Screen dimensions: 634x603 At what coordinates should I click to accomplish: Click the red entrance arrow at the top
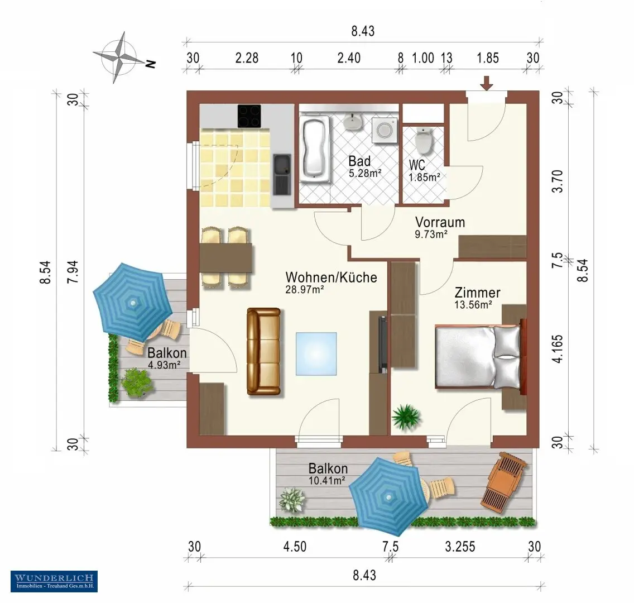pos(487,83)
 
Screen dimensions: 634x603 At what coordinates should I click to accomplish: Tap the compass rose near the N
pos(121,57)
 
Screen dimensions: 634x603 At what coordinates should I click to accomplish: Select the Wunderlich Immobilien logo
pos(54,581)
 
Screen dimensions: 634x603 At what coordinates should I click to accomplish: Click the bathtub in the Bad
pos(314,148)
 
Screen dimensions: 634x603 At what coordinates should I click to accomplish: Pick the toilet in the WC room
pos(424,141)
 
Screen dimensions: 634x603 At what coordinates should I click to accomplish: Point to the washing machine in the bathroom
pos(384,130)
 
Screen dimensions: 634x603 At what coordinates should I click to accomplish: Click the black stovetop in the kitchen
pos(249,116)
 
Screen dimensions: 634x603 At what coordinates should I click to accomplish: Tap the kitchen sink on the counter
pos(282,174)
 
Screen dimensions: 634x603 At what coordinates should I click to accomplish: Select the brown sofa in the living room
pos(263,351)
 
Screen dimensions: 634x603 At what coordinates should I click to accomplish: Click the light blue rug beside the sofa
pos(316,354)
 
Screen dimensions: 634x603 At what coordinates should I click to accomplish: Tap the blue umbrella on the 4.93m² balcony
pos(133,303)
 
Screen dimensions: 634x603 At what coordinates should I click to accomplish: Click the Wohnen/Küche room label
pos(331,277)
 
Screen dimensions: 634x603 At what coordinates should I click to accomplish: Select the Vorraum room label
pos(440,222)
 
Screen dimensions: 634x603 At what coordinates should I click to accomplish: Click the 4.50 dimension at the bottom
pos(295,547)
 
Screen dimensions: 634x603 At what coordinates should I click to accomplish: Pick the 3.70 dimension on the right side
pos(557,181)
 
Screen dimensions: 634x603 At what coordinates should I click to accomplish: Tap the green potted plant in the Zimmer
pos(406,417)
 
